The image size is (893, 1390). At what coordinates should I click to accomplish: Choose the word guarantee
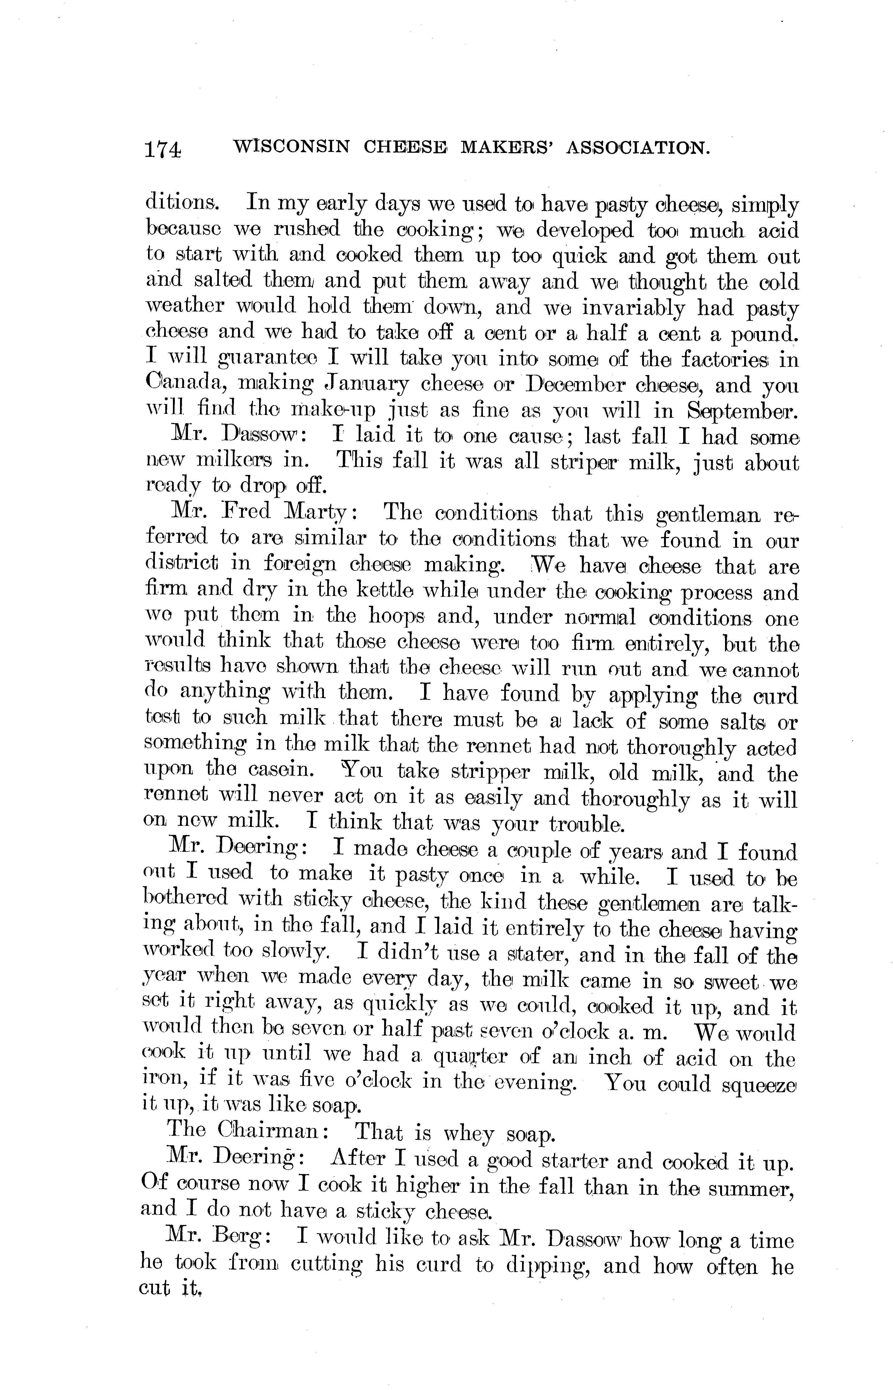click(267, 360)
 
